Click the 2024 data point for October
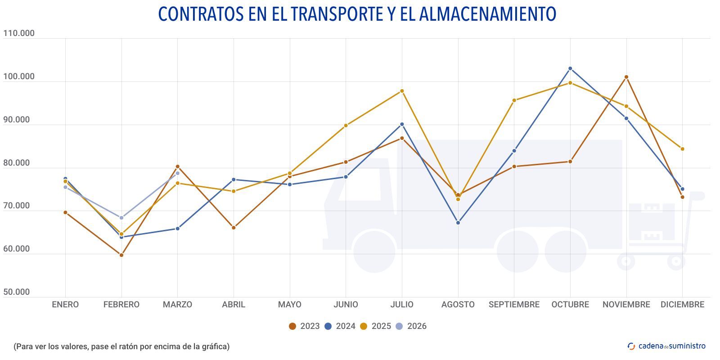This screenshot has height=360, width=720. click(x=570, y=68)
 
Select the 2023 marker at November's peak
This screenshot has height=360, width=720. click(x=626, y=77)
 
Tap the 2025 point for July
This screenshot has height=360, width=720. click(x=402, y=91)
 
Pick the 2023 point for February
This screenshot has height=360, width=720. click(x=121, y=255)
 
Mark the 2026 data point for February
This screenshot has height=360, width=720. click(x=121, y=218)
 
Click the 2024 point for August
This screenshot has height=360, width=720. click(x=458, y=223)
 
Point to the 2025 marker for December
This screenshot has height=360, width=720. click(x=682, y=149)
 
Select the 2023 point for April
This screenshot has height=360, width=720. click(x=234, y=228)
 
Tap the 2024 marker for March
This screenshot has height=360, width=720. click(x=177, y=229)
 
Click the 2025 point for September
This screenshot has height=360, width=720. click(x=514, y=100)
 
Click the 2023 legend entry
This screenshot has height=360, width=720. click(x=304, y=326)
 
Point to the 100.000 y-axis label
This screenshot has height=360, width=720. click(x=19, y=76)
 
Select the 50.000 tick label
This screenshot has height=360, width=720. click(x=17, y=292)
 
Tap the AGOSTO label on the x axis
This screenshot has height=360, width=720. click(x=458, y=305)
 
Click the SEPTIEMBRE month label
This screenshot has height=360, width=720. click(x=514, y=305)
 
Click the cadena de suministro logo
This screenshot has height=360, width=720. click(x=666, y=346)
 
